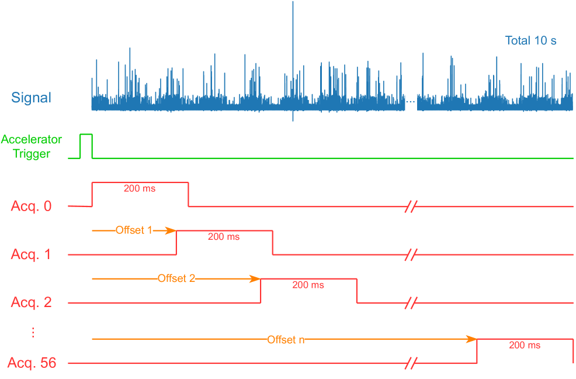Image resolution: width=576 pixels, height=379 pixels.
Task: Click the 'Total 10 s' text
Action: pos(530,41)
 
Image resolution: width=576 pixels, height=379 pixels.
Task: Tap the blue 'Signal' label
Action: pos(31,98)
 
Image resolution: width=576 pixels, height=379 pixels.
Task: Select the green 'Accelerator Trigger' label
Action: pos(32,147)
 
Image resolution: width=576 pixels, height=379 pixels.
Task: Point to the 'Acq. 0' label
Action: pos(31,206)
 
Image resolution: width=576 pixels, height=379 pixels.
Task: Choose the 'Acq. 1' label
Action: pos(31,254)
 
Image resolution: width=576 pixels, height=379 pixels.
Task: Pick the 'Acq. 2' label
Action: pos(31,303)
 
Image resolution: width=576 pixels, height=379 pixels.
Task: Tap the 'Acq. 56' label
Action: pos(32,363)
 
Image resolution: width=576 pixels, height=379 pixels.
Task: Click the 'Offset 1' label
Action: pos(134,230)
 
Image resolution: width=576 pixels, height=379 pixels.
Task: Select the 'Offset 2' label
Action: pos(176,278)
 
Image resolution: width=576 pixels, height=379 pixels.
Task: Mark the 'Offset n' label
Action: pos(286,340)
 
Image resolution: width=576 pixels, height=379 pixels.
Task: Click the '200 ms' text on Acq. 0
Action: pos(140,189)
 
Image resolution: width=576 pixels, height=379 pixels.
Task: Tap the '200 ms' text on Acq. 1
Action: pos(224,237)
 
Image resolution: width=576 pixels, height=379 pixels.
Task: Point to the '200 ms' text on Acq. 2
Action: pos(308,285)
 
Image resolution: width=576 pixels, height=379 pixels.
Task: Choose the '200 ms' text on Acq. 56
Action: pos(525,345)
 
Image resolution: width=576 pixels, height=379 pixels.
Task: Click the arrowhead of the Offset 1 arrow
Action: pos(172,230)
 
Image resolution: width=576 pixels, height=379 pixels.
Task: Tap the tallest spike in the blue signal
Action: pos(293,29)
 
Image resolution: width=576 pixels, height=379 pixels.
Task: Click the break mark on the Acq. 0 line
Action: pos(411,206)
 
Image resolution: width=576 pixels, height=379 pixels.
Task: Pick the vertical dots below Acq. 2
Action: pos(33,332)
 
